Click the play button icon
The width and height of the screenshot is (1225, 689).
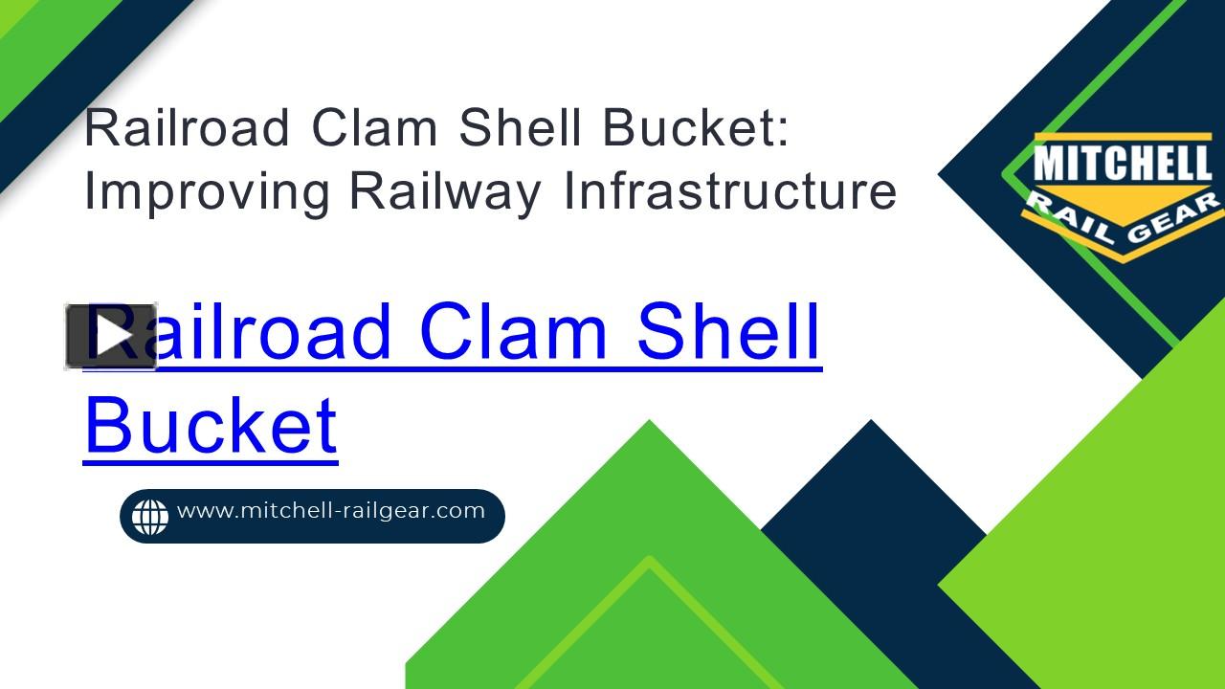(x=111, y=336)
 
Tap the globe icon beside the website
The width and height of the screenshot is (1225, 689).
(x=150, y=517)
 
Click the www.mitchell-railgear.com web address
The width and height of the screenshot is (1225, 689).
(x=331, y=511)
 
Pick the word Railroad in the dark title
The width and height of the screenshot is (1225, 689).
(x=188, y=128)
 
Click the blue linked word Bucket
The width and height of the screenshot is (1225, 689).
(x=212, y=424)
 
